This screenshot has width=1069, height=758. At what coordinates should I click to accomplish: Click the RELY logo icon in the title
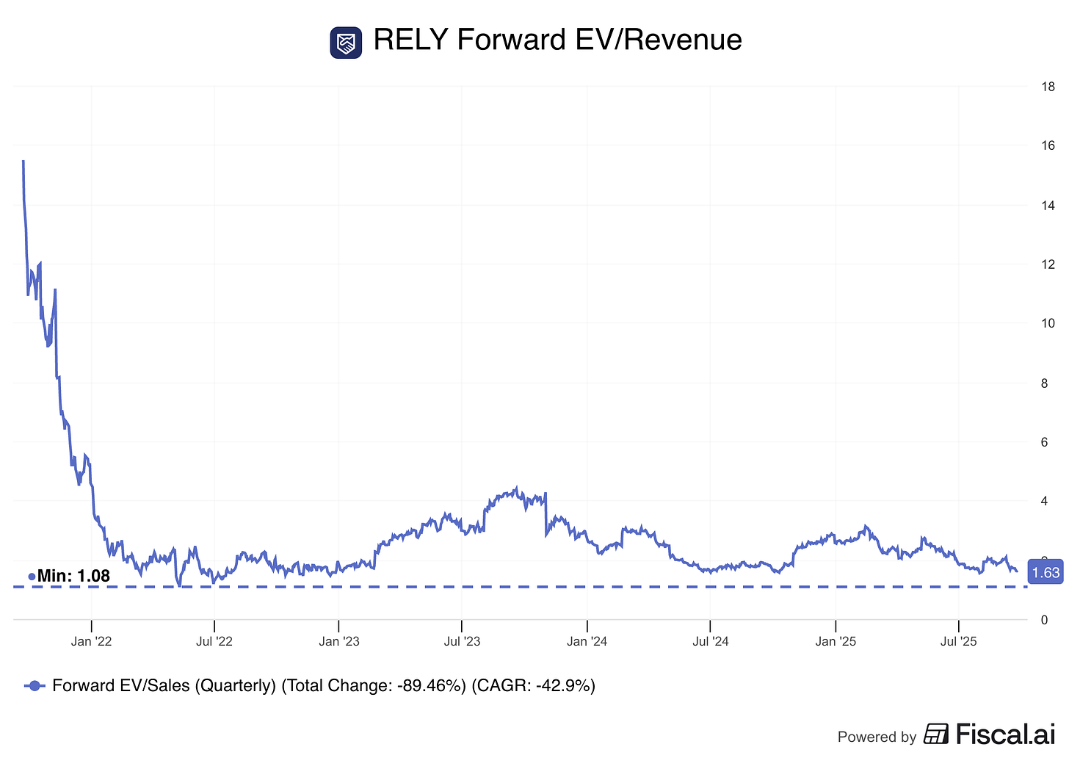click(x=346, y=43)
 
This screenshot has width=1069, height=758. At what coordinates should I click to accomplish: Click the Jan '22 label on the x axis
click(x=92, y=642)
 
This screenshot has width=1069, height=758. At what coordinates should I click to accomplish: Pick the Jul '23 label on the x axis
click(x=462, y=642)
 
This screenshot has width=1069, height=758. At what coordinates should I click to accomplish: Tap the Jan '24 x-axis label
click(x=587, y=642)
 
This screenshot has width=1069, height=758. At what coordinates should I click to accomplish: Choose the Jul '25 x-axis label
click(x=959, y=642)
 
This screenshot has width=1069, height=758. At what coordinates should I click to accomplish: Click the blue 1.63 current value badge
click(x=1046, y=573)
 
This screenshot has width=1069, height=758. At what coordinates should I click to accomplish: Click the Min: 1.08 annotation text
click(x=73, y=577)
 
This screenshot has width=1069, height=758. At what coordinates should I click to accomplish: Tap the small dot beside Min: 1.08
click(x=32, y=577)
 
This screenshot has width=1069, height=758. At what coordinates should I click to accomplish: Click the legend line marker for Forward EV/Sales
click(x=35, y=686)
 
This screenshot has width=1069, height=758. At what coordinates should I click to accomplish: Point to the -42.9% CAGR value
click(x=563, y=686)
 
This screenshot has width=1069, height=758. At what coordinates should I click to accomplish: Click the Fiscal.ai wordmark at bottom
click(x=1004, y=734)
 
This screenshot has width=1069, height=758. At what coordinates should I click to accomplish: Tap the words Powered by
click(x=877, y=737)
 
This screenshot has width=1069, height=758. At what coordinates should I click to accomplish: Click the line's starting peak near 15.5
click(x=23, y=162)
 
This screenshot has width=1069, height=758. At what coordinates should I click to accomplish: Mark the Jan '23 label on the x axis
click(x=339, y=642)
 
